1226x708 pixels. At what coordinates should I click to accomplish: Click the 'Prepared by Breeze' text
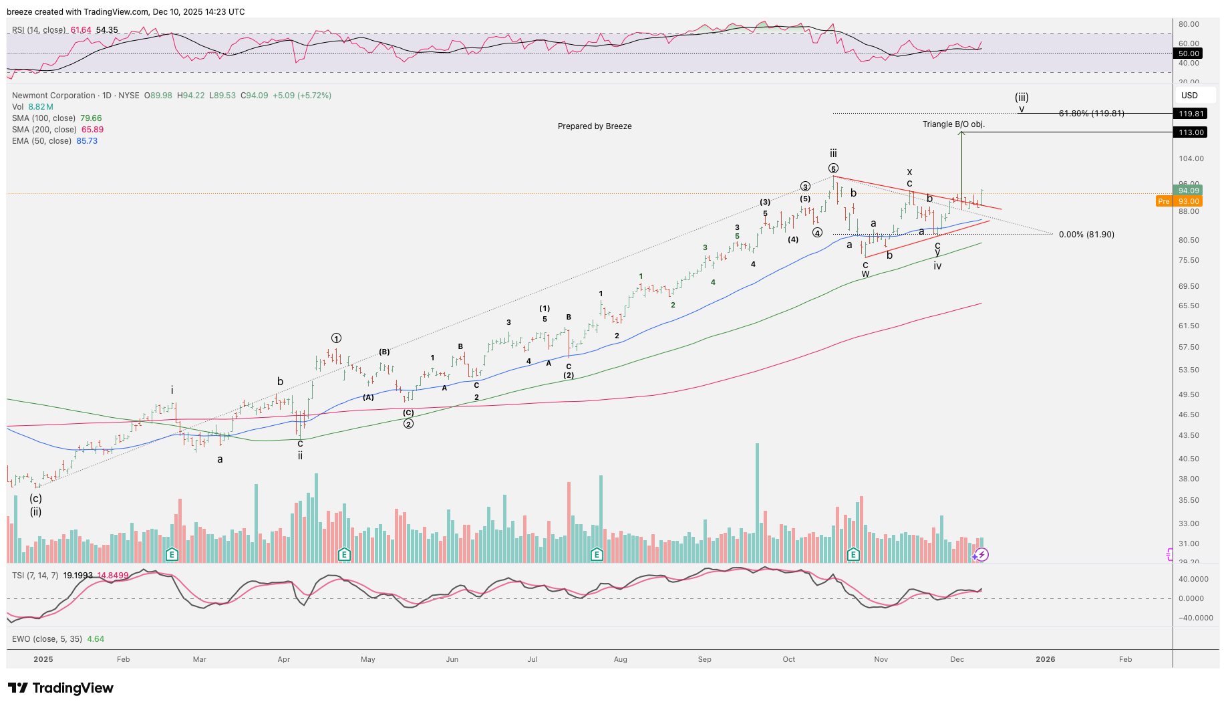click(x=595, y=126)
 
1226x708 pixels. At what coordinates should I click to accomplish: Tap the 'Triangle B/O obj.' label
click(x=953, y=124)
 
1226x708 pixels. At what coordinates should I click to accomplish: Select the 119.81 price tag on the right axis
click(x=1191, y=114)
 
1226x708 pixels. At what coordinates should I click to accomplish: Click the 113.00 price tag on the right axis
click(x=1191, y=132)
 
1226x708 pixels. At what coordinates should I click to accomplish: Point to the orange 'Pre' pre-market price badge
click(x=1164, y=201)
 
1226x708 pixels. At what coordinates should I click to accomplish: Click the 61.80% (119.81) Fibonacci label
click(x=1091, y=114)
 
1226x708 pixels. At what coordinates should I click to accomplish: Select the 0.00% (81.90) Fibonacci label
click(x=1086, y=235)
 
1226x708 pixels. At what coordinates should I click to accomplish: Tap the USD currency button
click(x=1189, y=96)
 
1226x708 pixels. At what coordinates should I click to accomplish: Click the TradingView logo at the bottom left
click(x=61, y=688)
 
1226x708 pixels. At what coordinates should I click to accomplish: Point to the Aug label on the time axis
click(x=621, y=659)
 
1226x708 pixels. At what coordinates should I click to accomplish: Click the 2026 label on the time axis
click(x=1045, y=659)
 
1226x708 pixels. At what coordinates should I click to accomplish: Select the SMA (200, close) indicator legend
click(x=57, y=130)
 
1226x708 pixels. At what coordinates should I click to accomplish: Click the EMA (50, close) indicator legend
click(x=55, y=141)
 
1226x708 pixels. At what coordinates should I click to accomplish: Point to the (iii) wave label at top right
click(x=1022, y=97)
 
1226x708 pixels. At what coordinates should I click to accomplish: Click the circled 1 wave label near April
click(x=336, y=338)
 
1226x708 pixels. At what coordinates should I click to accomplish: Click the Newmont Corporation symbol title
click(x=53, y=96)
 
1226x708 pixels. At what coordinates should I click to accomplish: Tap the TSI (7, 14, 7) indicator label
click(x=35, y=575)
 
